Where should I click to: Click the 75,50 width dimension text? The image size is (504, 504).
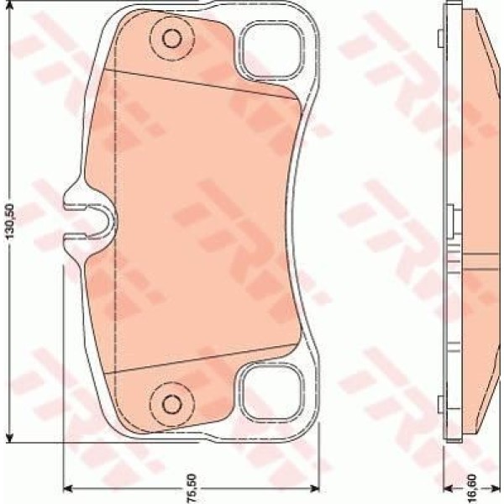pos(191,487)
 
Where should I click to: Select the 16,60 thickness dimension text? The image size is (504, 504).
pos(472,487)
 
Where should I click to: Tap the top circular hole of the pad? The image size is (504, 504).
pos(171,39)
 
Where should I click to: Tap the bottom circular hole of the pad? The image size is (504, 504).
pos(171,401)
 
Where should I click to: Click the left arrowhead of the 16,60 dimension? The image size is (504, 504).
pos(446,487)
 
